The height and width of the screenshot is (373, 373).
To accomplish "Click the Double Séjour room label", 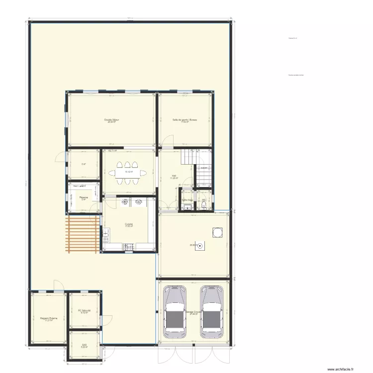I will (x=111, y=120).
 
